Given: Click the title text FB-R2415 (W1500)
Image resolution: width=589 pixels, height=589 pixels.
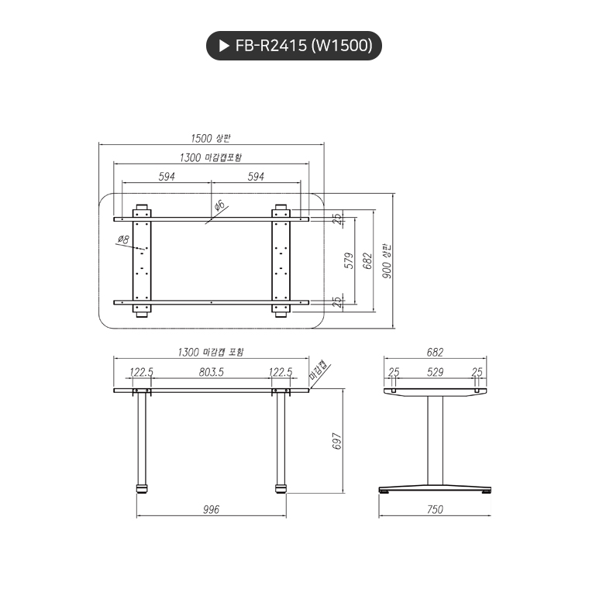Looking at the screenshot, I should click(x=304, y=46).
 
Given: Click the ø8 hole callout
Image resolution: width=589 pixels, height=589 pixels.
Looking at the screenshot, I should click(x=123, y=240).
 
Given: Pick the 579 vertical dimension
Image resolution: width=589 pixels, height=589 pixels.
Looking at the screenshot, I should click(x=349, y=260).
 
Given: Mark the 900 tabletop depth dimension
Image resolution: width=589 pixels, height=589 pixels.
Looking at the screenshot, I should click(x=387, y=261).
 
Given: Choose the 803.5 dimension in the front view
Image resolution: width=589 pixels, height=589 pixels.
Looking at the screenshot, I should click(x=211, y=372).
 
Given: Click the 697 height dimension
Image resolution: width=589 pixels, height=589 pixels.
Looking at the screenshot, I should click(x=336, y=440).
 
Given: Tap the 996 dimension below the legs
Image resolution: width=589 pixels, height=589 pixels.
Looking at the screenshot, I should click(x=211, y=509).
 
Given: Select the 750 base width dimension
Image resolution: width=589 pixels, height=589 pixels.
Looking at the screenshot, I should click(x=435, y=509).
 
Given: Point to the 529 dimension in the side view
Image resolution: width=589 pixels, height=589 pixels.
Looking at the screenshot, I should click(x=435, y=372).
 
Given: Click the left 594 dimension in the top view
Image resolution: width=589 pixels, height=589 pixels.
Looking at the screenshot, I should click(x=167, y=177).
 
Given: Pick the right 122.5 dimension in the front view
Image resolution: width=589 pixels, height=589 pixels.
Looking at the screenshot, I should click(x=280, y=372).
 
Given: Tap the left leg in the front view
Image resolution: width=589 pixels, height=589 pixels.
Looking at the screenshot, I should click(x=142, y=442).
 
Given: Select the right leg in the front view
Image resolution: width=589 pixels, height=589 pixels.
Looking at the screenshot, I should click(x=280, y=442).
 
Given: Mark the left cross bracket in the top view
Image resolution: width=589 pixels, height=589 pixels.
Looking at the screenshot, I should click(x=142, y=260).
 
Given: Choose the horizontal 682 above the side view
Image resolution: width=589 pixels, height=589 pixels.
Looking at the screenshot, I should click(x=435, y=351).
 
